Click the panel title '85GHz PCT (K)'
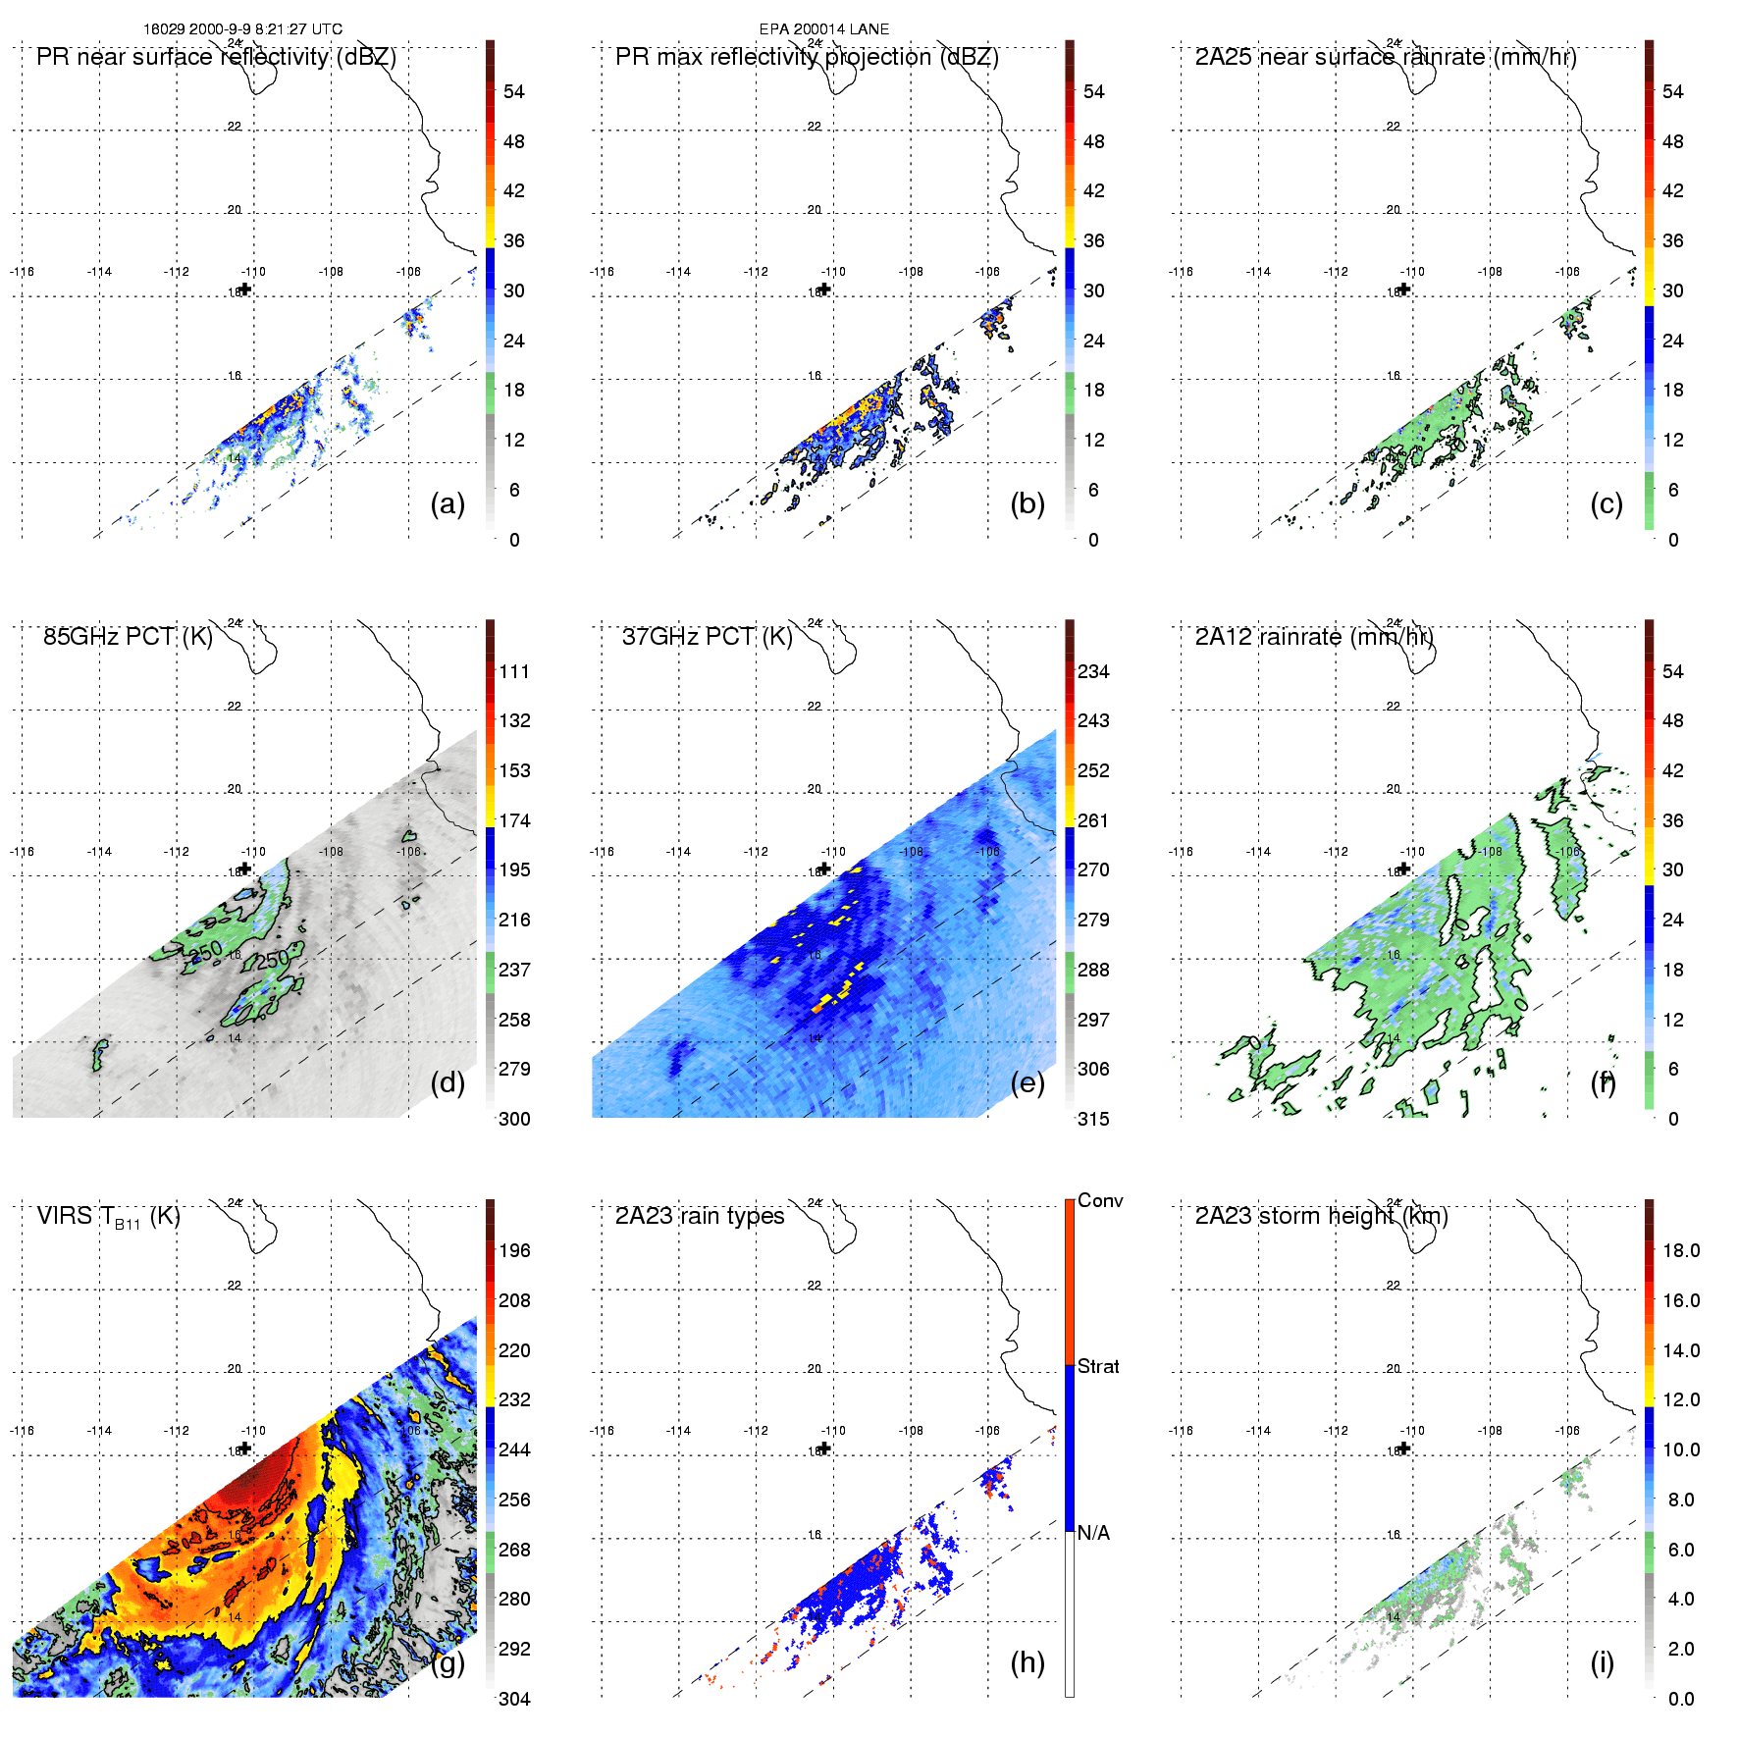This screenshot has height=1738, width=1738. [128, 637]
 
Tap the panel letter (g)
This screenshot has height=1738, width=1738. [448, 1662]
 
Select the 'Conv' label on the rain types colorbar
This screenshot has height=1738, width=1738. [1100, 1201]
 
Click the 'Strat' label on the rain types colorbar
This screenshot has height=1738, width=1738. [1098, 1367]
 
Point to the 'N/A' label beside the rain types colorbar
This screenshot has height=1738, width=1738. [1093, 1533]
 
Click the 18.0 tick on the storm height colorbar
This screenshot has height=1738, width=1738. [1681, 1251]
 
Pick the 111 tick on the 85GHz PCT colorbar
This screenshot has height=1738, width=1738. [514, 672]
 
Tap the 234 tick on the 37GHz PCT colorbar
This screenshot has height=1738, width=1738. [1093, 672]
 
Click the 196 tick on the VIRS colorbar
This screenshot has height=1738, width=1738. [514, 1251]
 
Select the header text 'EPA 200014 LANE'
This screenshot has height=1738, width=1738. [824, 29]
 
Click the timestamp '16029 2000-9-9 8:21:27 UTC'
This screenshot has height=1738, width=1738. [243, 29]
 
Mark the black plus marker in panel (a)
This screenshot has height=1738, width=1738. [245, 289]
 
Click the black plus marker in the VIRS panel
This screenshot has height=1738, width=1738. [245, 1448]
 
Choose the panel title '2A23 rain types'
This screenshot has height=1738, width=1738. [700, 1216]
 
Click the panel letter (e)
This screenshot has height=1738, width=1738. [1027, 1083]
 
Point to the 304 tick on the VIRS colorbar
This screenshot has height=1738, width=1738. [514, 1699]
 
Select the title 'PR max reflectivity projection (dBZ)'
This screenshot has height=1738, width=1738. [807, 57]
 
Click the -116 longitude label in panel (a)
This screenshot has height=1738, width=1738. [22, 272]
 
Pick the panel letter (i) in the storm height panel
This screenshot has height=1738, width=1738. [1603, 1662]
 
